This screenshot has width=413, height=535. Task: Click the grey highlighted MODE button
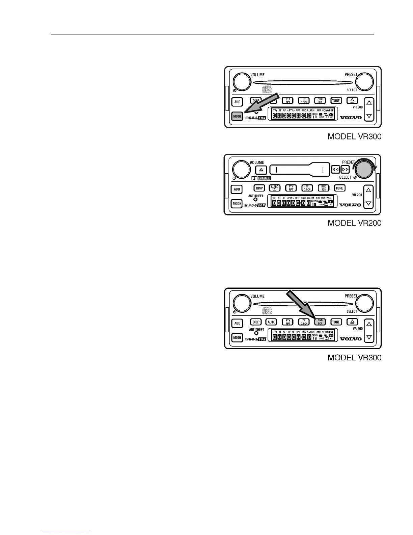(x=237, y=116)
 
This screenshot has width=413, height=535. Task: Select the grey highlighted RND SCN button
(x=320, y=322)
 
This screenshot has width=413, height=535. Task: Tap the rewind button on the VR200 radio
(x=335, y=170)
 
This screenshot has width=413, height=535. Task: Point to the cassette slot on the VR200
(x=299, y=169)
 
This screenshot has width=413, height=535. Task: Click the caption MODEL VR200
(x=355, y=223)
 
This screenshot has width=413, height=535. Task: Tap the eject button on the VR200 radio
(x=261, y=170)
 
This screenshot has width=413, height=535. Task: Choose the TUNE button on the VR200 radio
(x=339, y=188)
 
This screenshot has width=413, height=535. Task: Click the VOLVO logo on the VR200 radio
(x=350, y=205)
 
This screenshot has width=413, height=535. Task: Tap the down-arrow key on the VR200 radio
(x=368, y=203)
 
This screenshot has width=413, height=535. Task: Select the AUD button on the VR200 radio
(x=237, y=189)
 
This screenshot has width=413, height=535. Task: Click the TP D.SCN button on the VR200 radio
(x=307, y=188)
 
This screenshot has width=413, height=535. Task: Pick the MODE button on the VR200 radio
(x=237, y=204)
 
